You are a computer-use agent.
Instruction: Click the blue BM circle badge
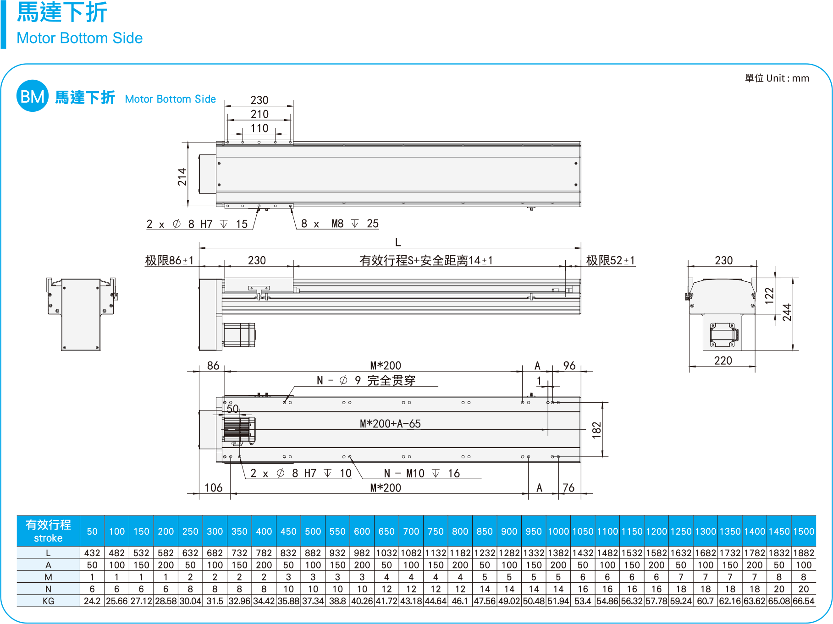point(32,96)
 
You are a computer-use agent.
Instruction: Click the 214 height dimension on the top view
point(182,177)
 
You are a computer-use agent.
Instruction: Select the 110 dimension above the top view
point(259,128)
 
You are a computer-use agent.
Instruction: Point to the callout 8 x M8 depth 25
point(340,224)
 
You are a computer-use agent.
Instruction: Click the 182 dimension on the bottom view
point(596,430)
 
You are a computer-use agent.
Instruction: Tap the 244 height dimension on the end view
point(787,312)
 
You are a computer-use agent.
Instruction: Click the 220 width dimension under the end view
point(723,361)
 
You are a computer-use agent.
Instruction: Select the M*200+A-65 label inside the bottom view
point(390,424)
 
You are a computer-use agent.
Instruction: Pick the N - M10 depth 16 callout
point(422,473)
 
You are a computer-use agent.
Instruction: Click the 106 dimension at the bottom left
point(214,487)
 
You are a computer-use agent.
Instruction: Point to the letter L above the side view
point(398,242)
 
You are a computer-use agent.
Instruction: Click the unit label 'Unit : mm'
point(777,78)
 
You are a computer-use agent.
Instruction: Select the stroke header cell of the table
point(48,531)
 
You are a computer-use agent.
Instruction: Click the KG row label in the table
point(48,601)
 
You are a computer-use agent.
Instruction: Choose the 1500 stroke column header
point(804,531)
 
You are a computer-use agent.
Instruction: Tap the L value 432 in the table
point(92,553)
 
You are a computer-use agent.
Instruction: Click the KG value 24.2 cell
point(92,601)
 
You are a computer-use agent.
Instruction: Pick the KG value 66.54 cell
point(804,601)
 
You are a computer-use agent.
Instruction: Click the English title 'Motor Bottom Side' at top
point(79,38)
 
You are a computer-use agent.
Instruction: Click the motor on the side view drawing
point(238,334)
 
